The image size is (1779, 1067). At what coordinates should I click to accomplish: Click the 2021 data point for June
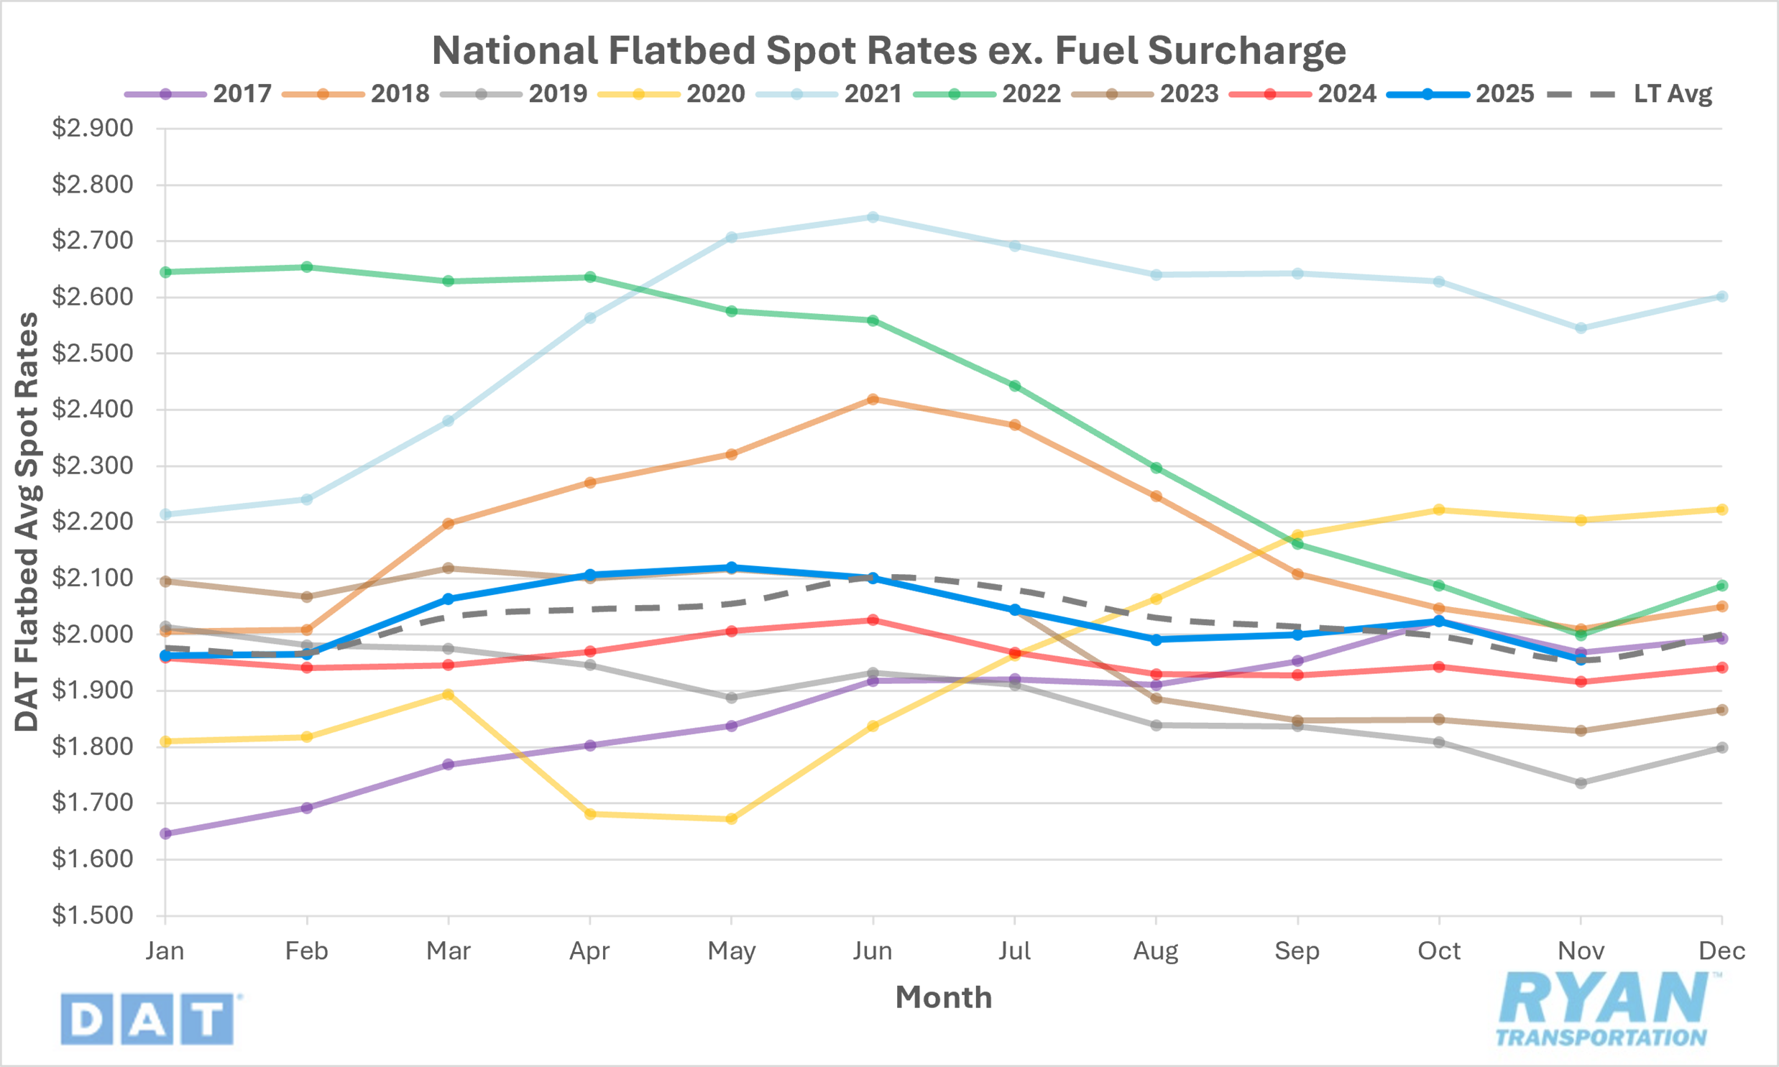(x=873, y=217)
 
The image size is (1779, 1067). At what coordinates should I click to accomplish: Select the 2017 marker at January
(x=165, y=833)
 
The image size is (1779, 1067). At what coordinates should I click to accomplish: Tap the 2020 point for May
(x=731, y=818)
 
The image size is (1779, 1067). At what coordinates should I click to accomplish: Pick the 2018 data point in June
(x=873, y=399)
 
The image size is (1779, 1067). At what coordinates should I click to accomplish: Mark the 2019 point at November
(x=1581, y=782)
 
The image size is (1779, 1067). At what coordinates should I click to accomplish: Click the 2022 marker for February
(x=307, y=267)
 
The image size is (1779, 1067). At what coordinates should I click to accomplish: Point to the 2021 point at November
(x=1581, y=328)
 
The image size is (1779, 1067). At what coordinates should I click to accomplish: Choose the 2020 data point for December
(x=1721, y=509)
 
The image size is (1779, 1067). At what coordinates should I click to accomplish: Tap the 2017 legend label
(x=242, y=93)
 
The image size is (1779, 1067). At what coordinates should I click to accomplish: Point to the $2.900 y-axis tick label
(x=93, y=129)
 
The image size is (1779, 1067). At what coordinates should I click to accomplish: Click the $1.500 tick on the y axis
(x=93, y=915)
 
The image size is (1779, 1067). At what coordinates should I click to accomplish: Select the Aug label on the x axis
(x=1156, y=951)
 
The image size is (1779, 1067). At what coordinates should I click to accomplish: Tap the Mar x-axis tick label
(x=448, y=951)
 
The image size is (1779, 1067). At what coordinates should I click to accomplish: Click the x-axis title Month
(x=944, y=997)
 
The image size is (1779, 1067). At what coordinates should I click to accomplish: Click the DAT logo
(x=147, y=1018)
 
